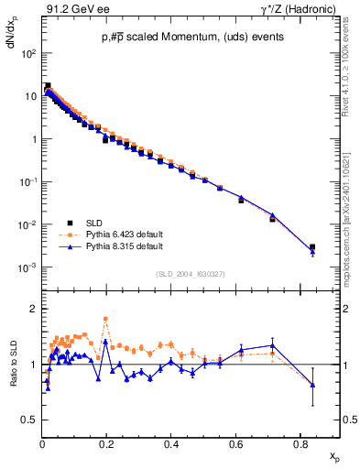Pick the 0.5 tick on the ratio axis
tap(29, 420)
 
